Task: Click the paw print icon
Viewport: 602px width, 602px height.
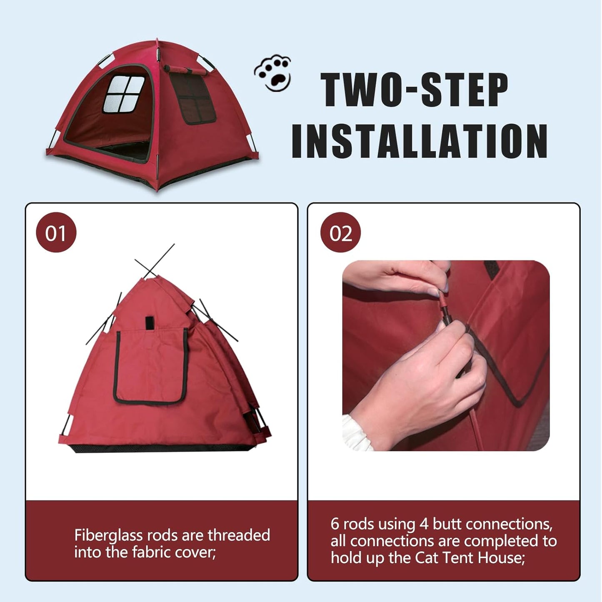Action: pos(273,73)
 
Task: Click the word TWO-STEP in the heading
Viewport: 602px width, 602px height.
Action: pos(414,90)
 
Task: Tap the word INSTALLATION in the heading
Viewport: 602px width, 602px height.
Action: pos(419,141)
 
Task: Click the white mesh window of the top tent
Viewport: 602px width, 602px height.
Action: pos(124,94)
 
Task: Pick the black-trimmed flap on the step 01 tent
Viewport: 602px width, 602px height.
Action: pos(150,367)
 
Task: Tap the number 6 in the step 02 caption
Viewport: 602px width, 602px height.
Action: pos(335,524)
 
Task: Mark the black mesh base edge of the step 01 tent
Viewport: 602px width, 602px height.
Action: pos(162,449)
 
